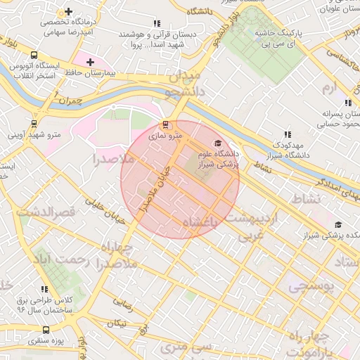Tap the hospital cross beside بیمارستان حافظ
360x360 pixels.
pyautogui.click(x=90, y=62)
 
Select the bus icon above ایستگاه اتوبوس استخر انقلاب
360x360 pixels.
pyautogui.click(x=34, y=55)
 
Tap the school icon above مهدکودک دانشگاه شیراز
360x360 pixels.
pyautogui.click(x=287, y=134)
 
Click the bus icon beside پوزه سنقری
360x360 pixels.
pyautogui.click(x=46, y=330)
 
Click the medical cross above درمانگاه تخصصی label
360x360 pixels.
pyautogui.click(x=68, y=12)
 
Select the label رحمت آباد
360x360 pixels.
pyautogui.click(x=53, y=260)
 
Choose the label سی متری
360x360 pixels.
pyautogui.click(x=186, y=347)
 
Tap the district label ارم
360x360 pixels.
pyautogui.click(x=330, y=89)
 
